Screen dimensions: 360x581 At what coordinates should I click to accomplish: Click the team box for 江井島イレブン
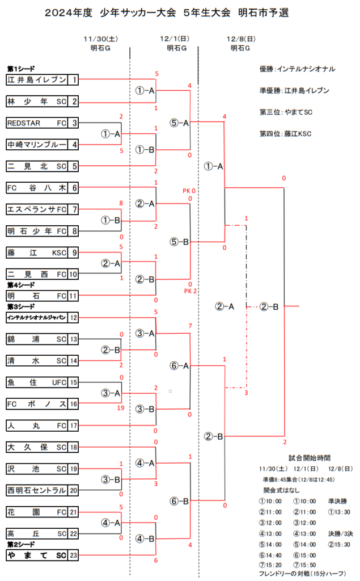42,79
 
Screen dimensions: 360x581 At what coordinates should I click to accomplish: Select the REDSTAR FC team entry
42,123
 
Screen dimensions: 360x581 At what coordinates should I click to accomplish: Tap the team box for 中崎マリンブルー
42,145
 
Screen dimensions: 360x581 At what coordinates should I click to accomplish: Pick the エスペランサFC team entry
42,209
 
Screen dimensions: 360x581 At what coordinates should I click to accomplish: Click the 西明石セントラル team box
42,491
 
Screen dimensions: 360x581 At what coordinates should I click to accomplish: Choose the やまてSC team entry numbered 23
42,555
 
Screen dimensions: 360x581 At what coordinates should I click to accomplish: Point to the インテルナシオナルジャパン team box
42,318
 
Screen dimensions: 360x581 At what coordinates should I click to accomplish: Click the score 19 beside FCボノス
121,408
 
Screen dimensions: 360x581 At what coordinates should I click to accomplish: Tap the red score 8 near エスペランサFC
121,203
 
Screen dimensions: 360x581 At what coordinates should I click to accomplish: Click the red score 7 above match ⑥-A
190,326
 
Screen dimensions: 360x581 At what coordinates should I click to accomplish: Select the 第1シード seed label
21,69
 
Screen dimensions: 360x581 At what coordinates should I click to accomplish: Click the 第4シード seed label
21,285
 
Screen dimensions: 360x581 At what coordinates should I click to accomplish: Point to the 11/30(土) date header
101,39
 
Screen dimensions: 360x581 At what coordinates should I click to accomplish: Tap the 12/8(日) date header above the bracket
241,39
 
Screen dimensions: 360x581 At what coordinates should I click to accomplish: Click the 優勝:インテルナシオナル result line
298,69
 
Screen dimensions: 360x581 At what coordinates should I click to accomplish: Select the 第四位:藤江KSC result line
286,134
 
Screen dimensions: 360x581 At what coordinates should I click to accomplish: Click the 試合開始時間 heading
310,458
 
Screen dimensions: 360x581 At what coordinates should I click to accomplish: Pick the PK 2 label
190,291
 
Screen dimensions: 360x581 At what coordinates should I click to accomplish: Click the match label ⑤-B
179,242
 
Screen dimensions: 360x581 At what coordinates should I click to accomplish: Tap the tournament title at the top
167,12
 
